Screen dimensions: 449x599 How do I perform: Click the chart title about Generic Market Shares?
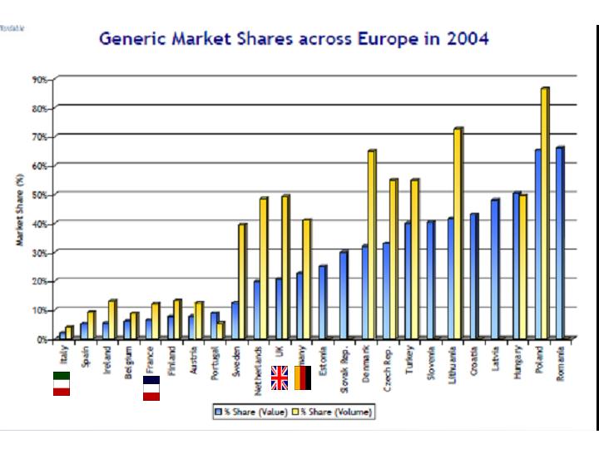(x=294, y=38)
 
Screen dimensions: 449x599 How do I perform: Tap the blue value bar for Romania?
(x=560, y=242)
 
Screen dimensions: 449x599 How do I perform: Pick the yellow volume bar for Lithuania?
(x=458, y=233)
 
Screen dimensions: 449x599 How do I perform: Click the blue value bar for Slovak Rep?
(x=343, y=294)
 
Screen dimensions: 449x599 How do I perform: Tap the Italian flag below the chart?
(x=61, y=383)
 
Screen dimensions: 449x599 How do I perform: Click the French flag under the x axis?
(x=151, y=388)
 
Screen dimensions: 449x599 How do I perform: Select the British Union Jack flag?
(x=280, y=377)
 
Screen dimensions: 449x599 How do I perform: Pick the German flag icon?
(x=303, y=377)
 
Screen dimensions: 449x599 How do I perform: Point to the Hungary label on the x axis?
(x=518, y=363)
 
